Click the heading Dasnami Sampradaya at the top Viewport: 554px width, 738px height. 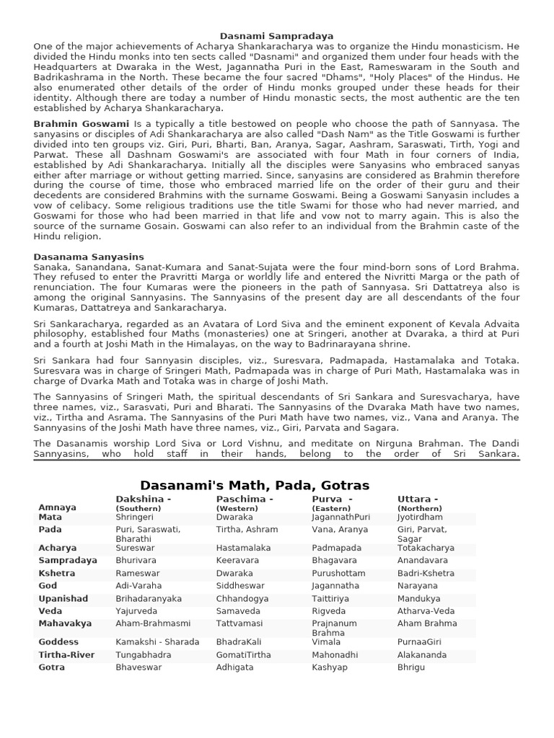coord(277,35)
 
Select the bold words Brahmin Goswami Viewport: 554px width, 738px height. coord(81,124)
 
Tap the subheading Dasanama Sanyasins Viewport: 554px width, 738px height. coord(89,257)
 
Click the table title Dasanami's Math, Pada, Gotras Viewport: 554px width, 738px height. coord(255,485)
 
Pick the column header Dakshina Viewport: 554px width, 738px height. coord(143,499)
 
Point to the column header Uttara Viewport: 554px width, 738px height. coord(418,499)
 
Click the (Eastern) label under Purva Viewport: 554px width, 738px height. coord(331,508)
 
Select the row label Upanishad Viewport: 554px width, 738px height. coord(63,599)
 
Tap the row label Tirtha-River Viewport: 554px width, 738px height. coord(67,655)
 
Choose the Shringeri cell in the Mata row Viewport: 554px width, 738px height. coord(135,517)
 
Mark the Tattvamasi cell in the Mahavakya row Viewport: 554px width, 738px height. coord(239,623)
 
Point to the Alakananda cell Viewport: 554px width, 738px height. coord(422,655)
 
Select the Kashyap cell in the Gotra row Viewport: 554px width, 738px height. coord(330,667)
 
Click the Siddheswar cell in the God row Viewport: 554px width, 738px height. coord(240,586)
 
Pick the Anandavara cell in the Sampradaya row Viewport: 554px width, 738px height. coord(423,560)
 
